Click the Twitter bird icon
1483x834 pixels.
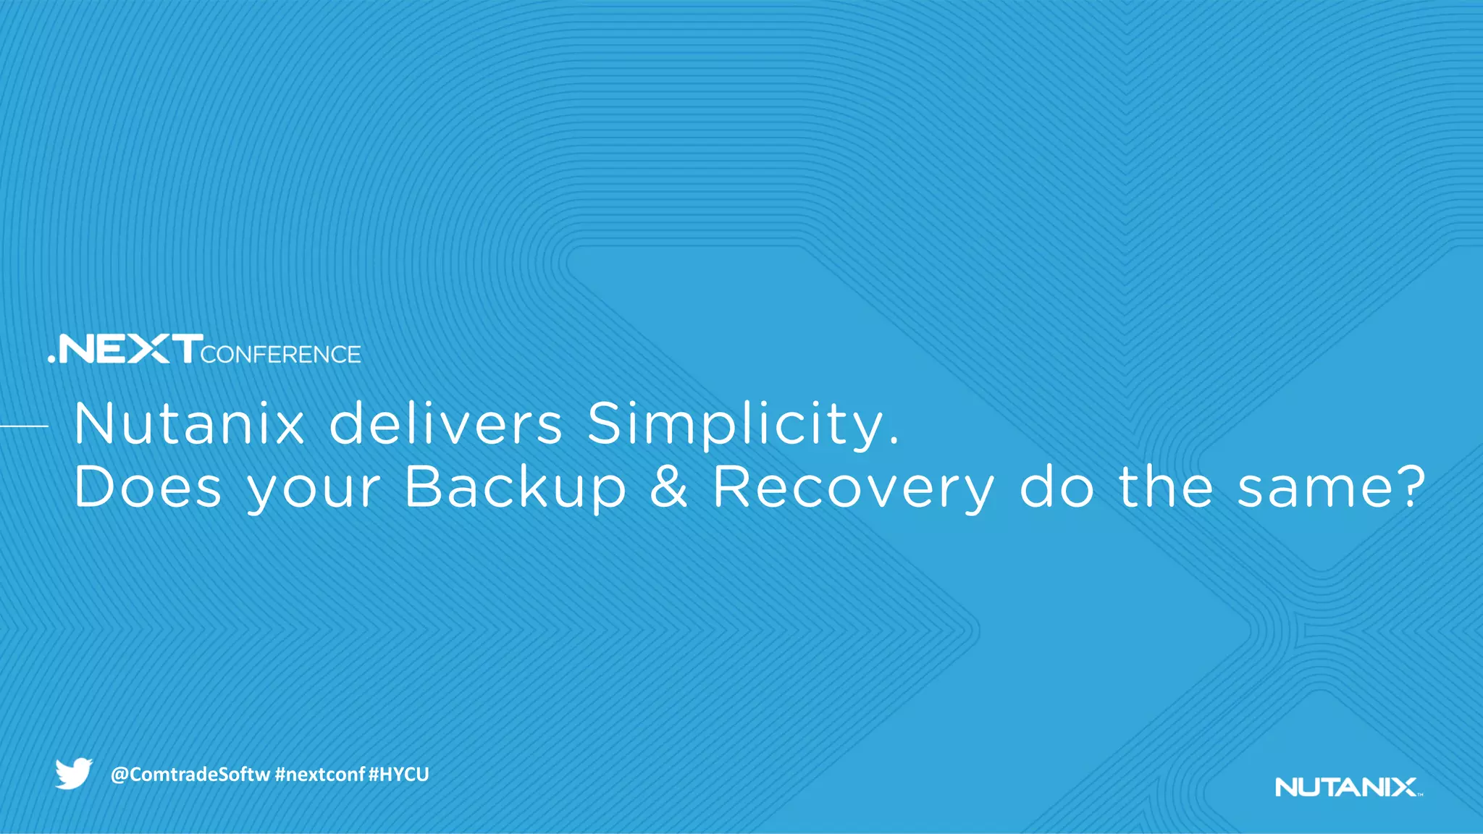(74, 773)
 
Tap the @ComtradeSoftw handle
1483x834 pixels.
(190, 775)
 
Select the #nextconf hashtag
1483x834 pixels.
(319, 775)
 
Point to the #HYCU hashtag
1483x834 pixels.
(398, 775)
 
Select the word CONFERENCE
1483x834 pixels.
(281, 354)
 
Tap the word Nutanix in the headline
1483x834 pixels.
(189, 424)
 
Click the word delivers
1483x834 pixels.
(445, 424)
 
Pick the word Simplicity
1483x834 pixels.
(735, 425)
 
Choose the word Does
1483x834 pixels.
(147, 487)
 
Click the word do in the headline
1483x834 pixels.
(1056, 487)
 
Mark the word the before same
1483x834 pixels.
(1166, 487)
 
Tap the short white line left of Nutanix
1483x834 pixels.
(24, 426)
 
